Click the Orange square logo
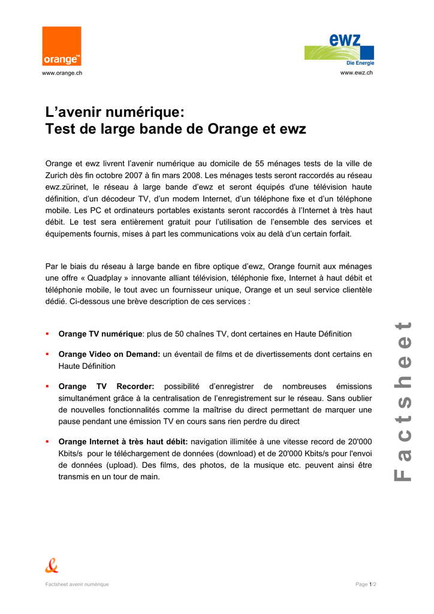pyautogui.click(x=61, y=46)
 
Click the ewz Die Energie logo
pyautogui.click(x=339, y=50)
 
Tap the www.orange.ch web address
pyautogui.click(x=62, y=73)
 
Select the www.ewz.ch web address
pyautogui.click(x=357, y=73)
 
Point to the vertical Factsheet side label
pyautogui.click(x=402, y=401)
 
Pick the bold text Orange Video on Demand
pyautogui.click(x=108, y=354)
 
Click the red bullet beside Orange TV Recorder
pyautogui.click(x=47, y=387)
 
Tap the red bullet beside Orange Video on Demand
pyautogui.click(x=47, y=354)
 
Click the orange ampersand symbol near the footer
pyautogui.click(x=52, y=565)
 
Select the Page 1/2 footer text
pyautogui.click(x=366, y=585)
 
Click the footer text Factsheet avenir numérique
pyautogui.click(x=77, y=585)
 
